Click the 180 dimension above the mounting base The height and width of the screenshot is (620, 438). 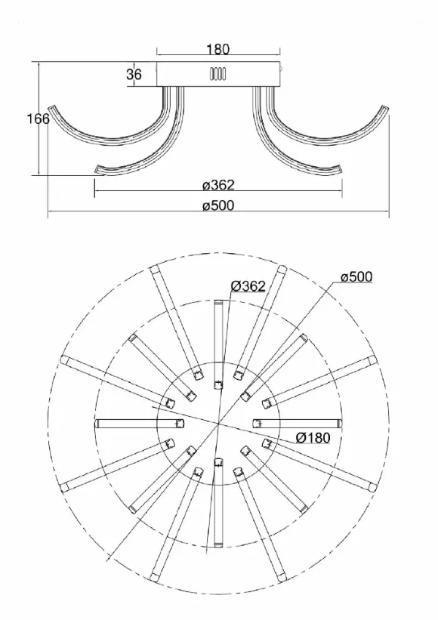[x=217, y=49]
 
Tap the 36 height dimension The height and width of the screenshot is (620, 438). [x=134, y=74]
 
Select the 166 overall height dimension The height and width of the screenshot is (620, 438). [x=39, y=119]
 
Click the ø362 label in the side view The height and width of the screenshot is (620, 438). [x=218, y=185]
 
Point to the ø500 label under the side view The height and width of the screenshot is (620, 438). [x=218, y=205]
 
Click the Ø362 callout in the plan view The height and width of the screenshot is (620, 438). [x=248, y=286]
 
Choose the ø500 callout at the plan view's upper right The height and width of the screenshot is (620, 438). [x=356, y=277]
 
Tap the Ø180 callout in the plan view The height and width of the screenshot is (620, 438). [x=313, y=437]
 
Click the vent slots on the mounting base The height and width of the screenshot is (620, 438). [x=217, y=74]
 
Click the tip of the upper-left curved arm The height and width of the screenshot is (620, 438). [x=51, y=107]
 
